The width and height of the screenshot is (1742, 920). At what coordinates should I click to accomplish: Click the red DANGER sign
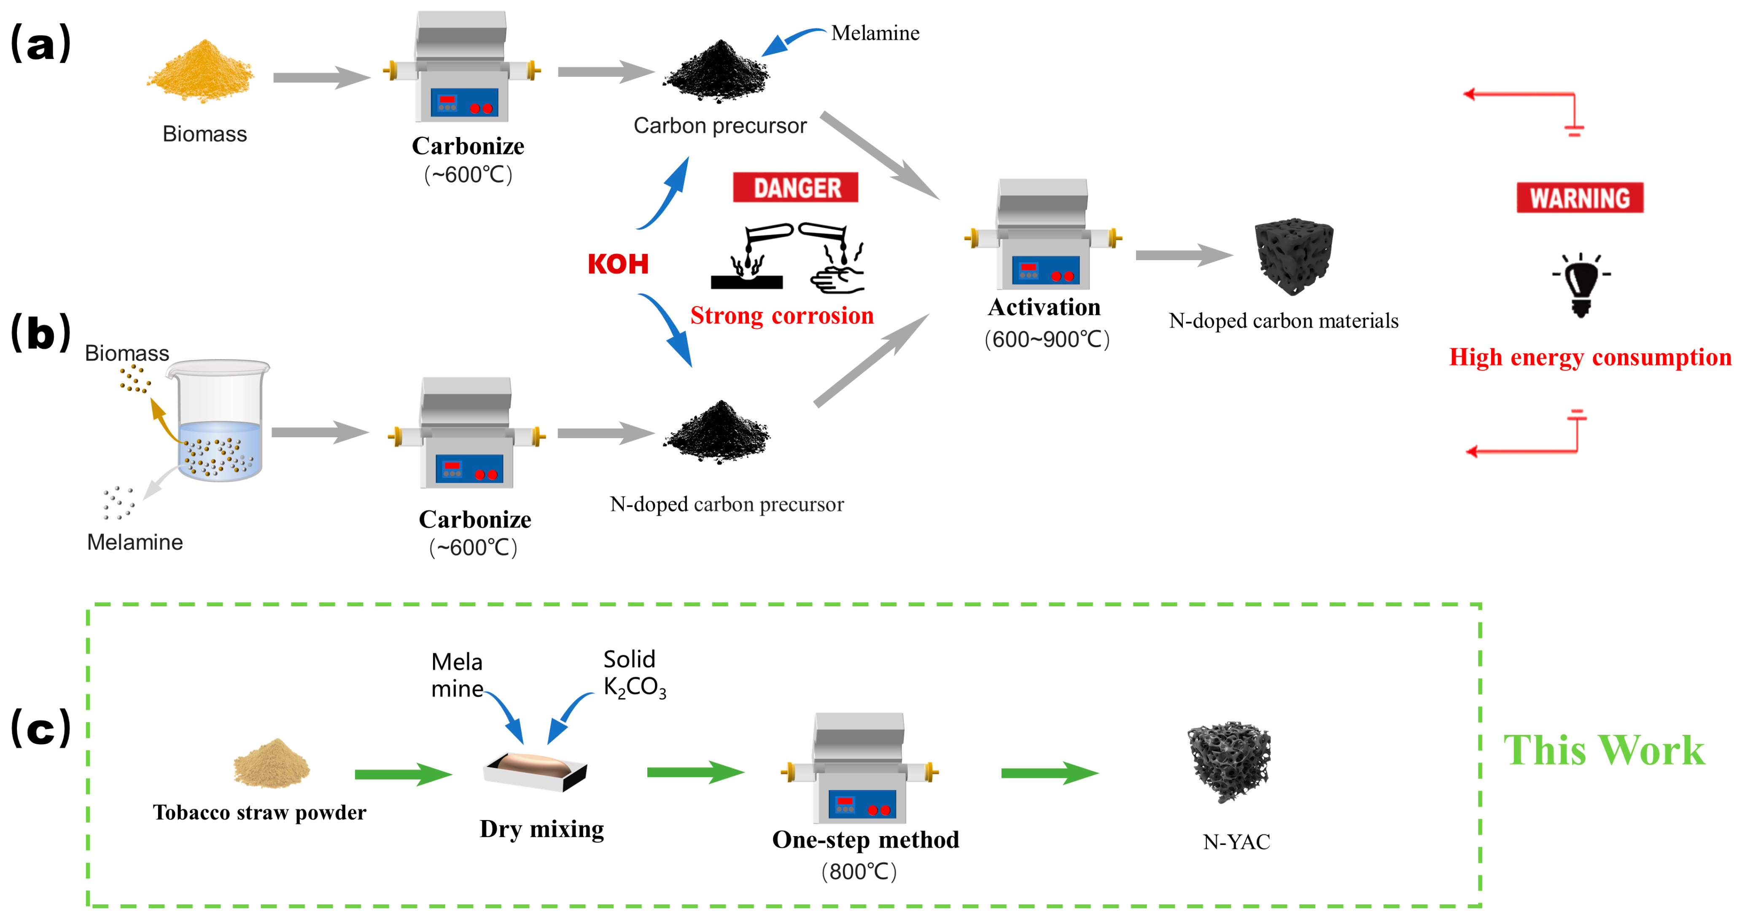coord(795,187)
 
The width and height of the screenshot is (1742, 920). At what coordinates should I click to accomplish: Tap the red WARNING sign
coord(1580,197)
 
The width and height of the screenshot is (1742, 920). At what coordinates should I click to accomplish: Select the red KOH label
coord(618,264)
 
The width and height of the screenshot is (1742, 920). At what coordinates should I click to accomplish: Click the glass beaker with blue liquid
coord(218,420)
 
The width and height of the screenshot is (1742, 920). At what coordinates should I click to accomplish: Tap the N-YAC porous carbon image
coord(1229,762)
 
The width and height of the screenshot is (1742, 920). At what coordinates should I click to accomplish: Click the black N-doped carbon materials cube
coord(1294,256)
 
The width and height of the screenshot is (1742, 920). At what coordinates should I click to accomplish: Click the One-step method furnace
coord(859,768)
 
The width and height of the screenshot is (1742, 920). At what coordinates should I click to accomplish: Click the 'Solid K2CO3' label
coord(634,673)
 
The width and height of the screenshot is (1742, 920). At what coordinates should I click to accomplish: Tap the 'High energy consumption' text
coord(1590,357)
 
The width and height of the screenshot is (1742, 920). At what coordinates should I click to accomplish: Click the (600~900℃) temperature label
coord(1047,339)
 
